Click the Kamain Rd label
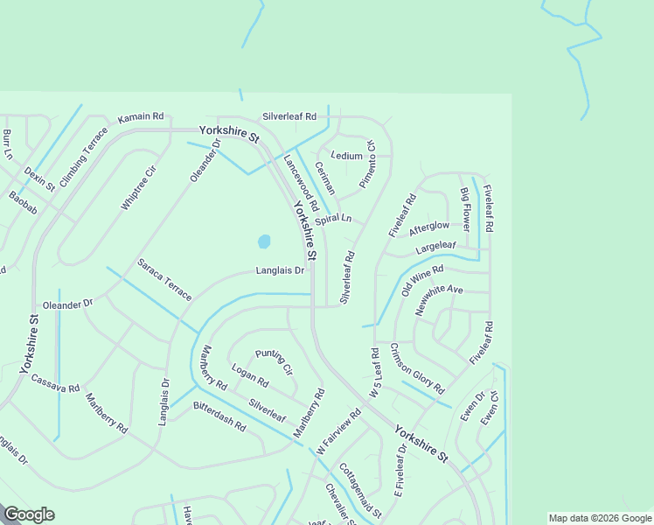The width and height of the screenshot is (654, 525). (x=141, y=115)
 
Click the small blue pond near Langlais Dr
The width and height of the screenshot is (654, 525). (x=263, y=241)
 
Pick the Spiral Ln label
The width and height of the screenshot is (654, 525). (x=333, y=219)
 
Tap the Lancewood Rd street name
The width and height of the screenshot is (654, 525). (x=300, y=180)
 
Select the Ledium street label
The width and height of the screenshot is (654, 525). (x=347, y=156)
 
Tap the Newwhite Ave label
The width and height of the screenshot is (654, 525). (x=439, y=300)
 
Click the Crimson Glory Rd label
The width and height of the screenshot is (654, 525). (x=417, y=367)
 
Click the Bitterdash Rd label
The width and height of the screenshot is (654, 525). (x=219, y=416)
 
